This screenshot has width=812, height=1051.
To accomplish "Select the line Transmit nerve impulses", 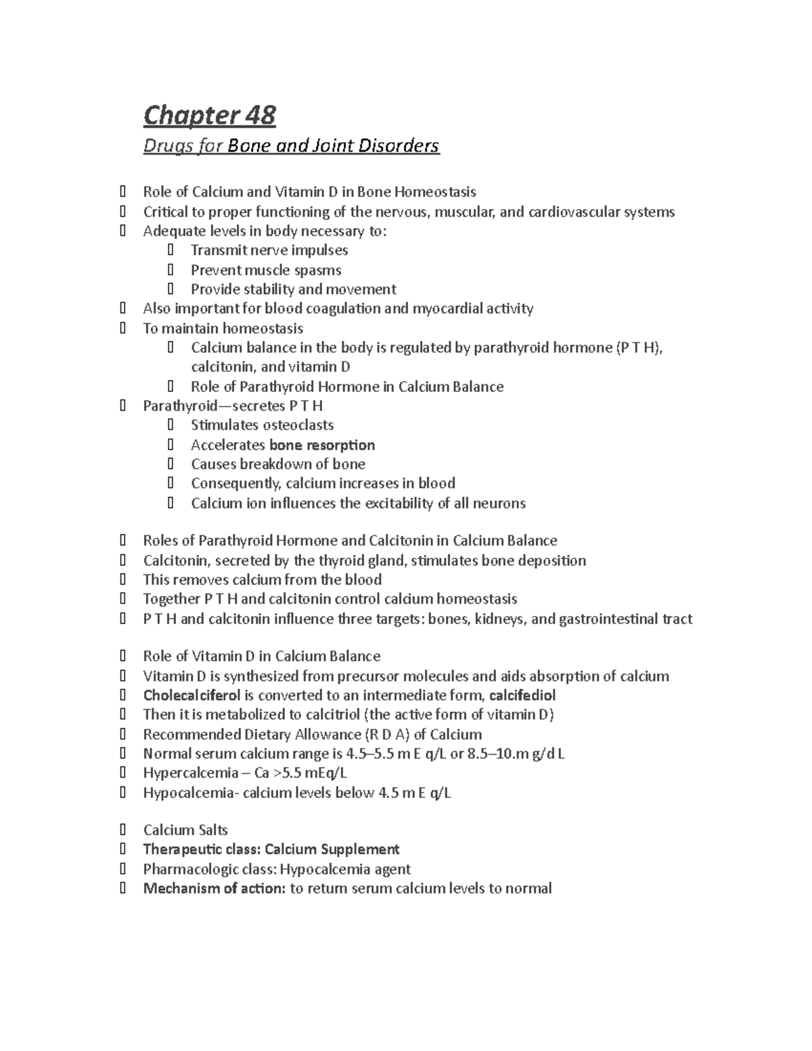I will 269,250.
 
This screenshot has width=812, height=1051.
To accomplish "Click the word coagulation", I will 334,309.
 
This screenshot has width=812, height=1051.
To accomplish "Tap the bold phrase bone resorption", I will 322,445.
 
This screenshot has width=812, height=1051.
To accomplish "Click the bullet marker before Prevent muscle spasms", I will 170,270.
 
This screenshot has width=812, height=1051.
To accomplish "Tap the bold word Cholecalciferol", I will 191,695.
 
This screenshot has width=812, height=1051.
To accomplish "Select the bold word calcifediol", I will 522,695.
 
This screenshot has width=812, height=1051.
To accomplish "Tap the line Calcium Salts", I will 185,830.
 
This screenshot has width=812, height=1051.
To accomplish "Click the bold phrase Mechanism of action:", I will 214,888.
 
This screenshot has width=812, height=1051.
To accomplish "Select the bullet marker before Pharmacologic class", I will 122,869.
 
